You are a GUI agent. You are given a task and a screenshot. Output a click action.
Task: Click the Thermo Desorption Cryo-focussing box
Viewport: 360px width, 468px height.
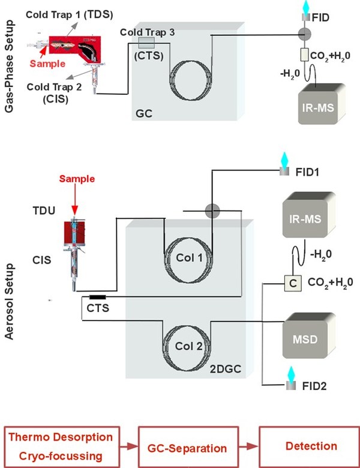(64, 446)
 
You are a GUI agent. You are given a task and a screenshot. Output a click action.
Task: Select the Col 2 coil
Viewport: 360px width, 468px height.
(186, 343)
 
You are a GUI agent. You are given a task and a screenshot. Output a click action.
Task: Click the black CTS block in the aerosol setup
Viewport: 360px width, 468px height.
(98, 297)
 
